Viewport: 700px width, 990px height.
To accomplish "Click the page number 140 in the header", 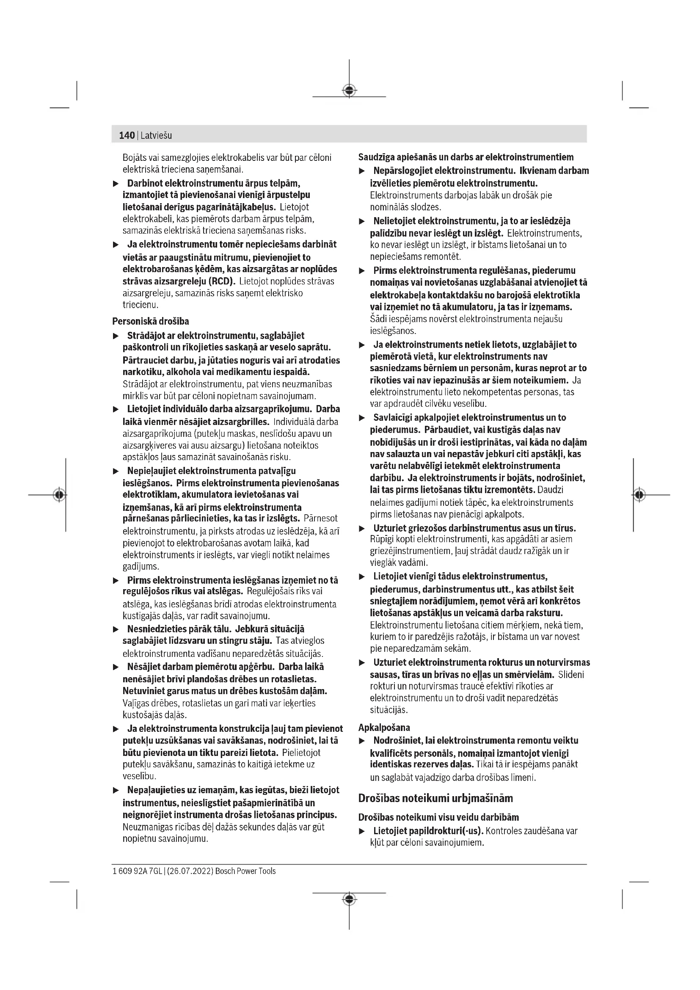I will point(127,135).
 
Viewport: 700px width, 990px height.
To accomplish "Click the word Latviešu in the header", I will point(156,135).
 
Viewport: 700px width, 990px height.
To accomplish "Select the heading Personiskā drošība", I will point(150,321).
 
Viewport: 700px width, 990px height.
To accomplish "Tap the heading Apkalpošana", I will point(384,728).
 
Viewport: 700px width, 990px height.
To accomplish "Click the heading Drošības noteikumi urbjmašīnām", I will point(435,798).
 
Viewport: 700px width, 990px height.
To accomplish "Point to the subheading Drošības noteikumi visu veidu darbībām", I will point(438,817).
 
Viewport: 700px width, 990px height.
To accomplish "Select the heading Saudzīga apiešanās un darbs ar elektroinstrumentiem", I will point(466,157).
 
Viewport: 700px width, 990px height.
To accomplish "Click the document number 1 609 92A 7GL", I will point(137,871).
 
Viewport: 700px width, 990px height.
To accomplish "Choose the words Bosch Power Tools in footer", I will point(245,871).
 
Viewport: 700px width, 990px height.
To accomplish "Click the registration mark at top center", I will point(349,90).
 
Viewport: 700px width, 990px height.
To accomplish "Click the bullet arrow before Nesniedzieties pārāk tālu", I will point(116,629).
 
